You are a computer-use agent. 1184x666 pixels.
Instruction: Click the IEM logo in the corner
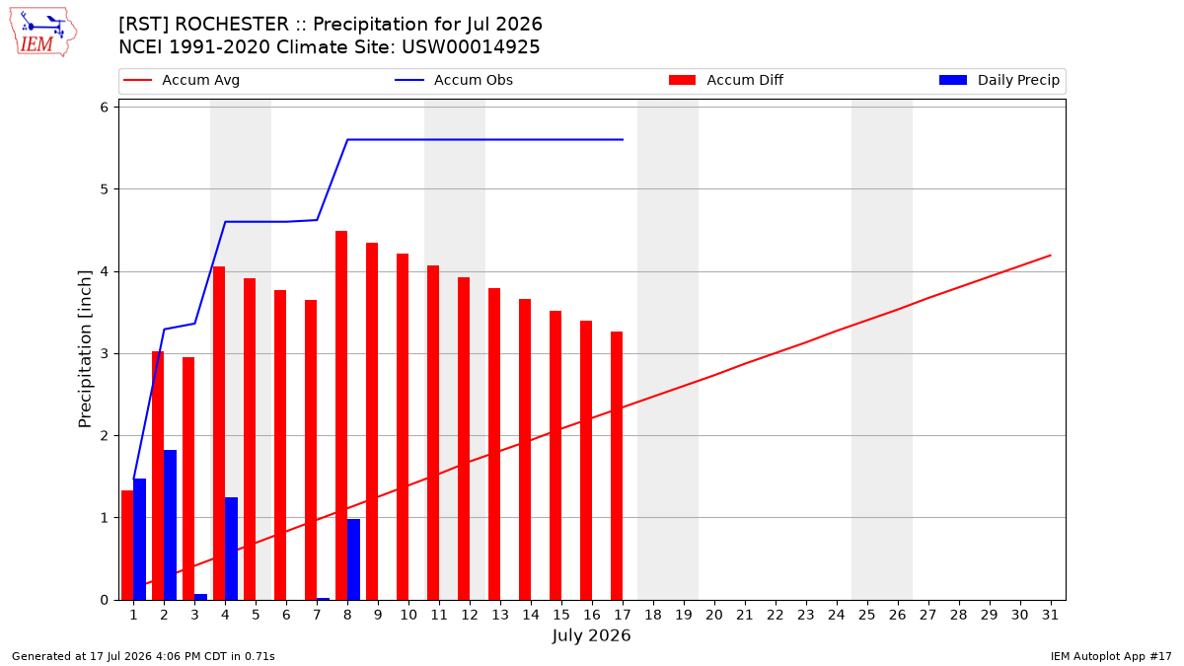click(x=42, y=33)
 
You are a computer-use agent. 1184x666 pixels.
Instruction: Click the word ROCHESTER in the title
click(x=232, y=25)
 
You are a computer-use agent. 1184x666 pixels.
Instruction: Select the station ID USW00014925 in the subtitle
click(x=471, y=47)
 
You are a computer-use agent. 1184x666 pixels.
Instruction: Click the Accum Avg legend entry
click(x=182, y=80)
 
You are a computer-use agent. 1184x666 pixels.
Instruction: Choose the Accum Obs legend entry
click(x=454, y=80)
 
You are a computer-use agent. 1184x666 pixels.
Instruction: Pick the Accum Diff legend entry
click(x=726, y=80)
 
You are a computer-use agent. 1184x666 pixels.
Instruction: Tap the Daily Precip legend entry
click(x=999, y=80)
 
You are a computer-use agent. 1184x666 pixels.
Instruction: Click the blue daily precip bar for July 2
click(x=170, y=525)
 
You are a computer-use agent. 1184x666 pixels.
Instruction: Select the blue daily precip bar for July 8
click(x=353, y=559)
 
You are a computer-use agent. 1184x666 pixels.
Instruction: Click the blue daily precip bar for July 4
click(x=231, y=549)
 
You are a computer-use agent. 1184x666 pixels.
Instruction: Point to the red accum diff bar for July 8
click(x=341, y=415)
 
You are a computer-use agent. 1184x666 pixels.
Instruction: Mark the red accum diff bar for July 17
click(x=617, y=466)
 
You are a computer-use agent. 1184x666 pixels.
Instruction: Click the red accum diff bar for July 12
click(x=464, y=439)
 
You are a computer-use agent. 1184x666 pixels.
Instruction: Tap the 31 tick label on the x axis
click(x=1050, y=615)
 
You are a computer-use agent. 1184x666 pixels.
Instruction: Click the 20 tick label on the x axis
click(x=714, y=615)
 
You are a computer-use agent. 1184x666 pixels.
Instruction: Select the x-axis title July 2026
click(x=591, y=635)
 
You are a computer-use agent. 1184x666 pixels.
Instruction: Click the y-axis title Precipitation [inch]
click(x=85, y=349)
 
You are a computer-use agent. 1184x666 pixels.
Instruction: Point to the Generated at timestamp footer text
click(x=143, y=656)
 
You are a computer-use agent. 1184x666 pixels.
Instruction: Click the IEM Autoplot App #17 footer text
click(x=1111, y=656)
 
